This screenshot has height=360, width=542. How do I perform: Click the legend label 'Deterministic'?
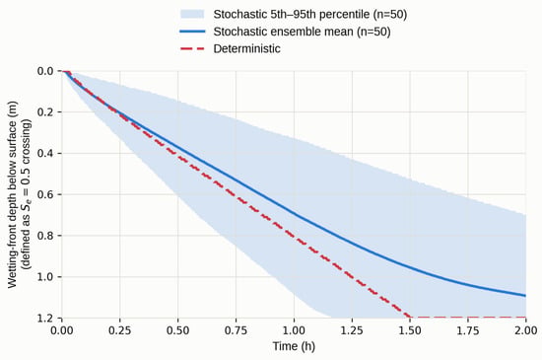tap(246, 48)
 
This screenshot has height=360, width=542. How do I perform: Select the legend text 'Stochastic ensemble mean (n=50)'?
tap(302, 32)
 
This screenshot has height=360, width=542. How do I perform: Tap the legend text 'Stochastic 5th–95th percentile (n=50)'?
tap(310, 15)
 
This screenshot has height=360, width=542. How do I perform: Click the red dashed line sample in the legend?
tap(192, 48)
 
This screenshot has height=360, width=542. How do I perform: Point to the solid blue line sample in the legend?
tap(192, 32)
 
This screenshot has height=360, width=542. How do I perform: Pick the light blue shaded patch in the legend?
tap(192, 14)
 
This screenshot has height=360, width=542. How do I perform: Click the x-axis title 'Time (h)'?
tap(294, 346)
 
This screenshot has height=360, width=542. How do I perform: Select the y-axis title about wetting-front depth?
tap(19, 194)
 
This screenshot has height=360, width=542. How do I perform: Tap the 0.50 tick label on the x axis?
tap(178, 330)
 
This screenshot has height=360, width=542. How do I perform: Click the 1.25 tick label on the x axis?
tap(352, 330)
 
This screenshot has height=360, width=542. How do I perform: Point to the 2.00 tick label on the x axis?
tap(526, 330)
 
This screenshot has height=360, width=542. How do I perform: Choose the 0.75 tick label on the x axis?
tap(237, 330)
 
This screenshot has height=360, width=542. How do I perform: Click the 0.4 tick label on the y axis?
tap(45, 153)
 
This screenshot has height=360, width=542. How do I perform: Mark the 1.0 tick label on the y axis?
tap(45, 276)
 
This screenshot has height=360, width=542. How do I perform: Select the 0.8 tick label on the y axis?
tap(45, 236)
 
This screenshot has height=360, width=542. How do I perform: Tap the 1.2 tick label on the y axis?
tap(45, 318)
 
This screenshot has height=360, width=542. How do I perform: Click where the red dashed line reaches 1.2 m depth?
tap(410, 318)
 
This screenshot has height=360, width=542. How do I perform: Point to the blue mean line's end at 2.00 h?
tap(526, 296)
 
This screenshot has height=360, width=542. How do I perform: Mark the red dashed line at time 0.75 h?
tap(237, 195)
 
